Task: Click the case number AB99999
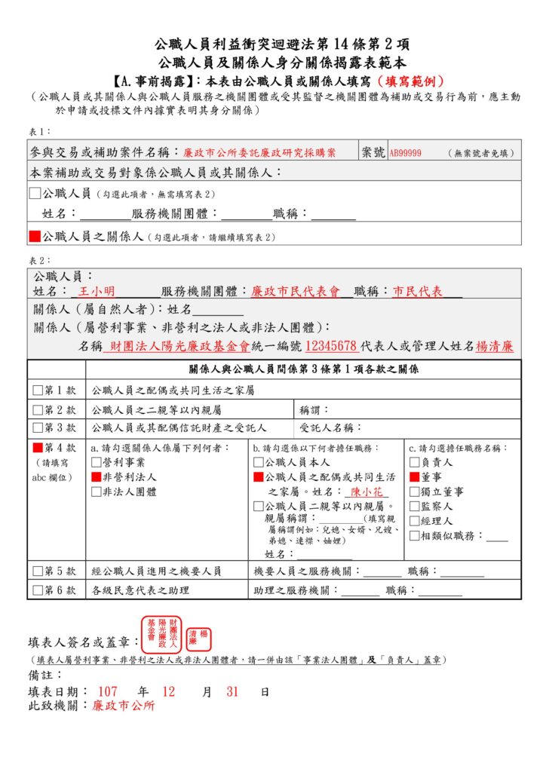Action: coord(405,153)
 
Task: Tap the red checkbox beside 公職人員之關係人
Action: coord(35,236)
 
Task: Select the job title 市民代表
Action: coord(417,291)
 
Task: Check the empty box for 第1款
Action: coord(38,390)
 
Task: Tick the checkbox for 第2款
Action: coord(38,410)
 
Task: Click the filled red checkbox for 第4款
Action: coord(38,447)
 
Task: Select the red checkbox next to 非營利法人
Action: coord(96,477)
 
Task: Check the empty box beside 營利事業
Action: coord(96,462)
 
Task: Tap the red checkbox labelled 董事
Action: coord(413,477)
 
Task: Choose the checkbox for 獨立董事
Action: coord(413,492)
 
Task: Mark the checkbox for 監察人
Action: coord(413,506)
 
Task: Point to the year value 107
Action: coord(108,691)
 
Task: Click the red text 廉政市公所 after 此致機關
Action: coord(124,706)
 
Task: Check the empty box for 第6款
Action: coord(38,590)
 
